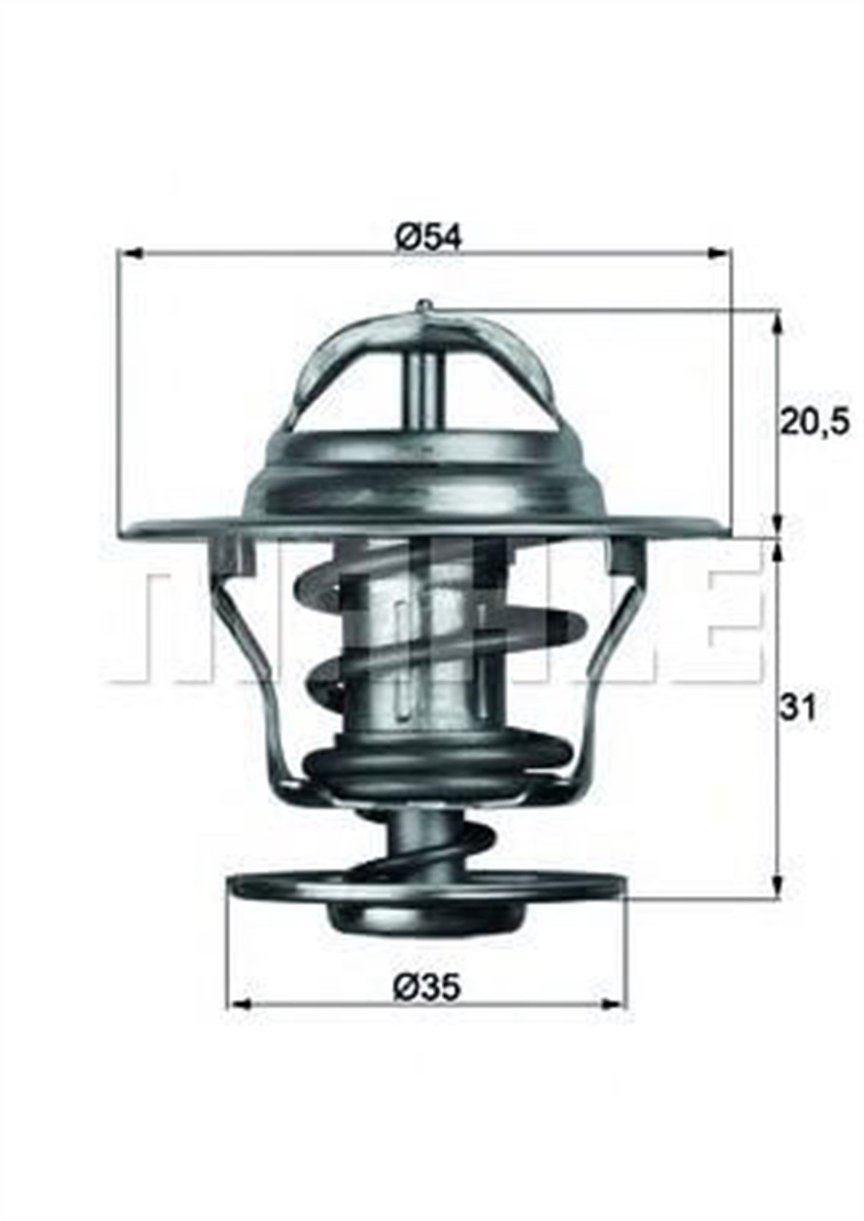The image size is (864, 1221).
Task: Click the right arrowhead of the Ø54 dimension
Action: click(722, 253)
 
